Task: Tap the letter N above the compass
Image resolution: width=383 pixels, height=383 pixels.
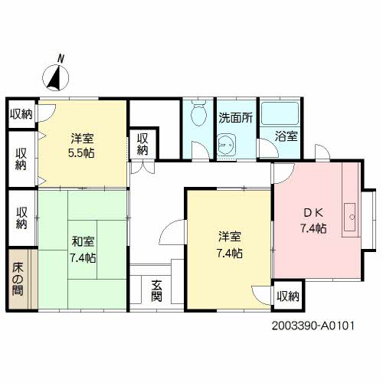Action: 61,57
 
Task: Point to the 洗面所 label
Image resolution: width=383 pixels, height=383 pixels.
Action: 236,119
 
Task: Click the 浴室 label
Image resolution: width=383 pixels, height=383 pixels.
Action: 287,139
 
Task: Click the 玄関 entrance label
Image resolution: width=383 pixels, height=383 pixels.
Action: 156,290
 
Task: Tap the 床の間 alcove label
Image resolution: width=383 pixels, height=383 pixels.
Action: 18,280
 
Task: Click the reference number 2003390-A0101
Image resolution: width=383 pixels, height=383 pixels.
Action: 312,325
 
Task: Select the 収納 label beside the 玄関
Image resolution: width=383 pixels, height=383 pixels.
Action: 142,144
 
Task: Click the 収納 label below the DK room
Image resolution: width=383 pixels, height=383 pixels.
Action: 287,296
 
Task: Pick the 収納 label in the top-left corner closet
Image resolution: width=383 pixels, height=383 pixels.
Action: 21,114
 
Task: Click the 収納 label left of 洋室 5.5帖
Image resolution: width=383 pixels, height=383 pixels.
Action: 21,159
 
